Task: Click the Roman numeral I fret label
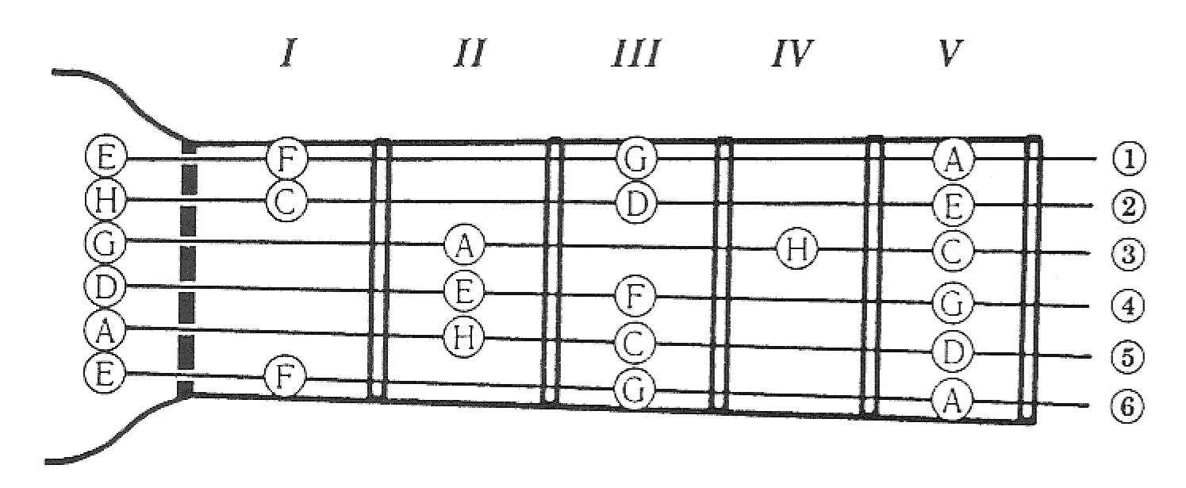pos(287,56)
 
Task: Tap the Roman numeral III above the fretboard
pos(635,56)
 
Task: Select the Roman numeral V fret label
pos(946,56)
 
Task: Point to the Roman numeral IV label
pos(791,56)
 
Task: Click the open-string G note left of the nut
pos(104,242)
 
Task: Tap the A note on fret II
pos(464,245)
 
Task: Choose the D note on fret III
pos(636,203)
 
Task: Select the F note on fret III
pos(636,298)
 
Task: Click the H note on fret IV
pos(796,249)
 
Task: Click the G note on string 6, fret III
pos(635,388)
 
